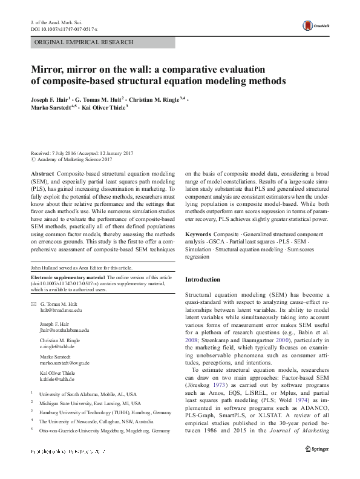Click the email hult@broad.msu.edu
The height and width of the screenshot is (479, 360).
[x=61, y=309]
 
